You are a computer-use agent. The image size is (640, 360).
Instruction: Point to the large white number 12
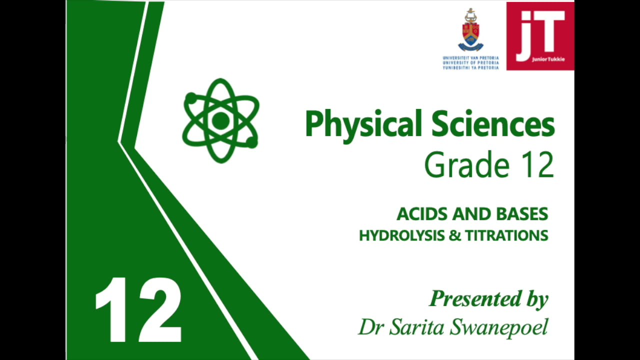click(138, 310)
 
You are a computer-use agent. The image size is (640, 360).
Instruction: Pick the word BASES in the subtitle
click(522, 214)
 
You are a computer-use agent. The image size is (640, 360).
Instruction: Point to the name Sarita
click(417, 327)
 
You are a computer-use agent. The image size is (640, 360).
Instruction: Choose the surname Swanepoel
click(499, 327)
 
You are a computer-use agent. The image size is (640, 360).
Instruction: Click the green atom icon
click(220, 120)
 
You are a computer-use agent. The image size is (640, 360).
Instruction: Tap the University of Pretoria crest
click(470, 30)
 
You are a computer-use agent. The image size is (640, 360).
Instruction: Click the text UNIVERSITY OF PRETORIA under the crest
click(470, 62)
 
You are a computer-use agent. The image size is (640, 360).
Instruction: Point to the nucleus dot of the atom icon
click(220, 120)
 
